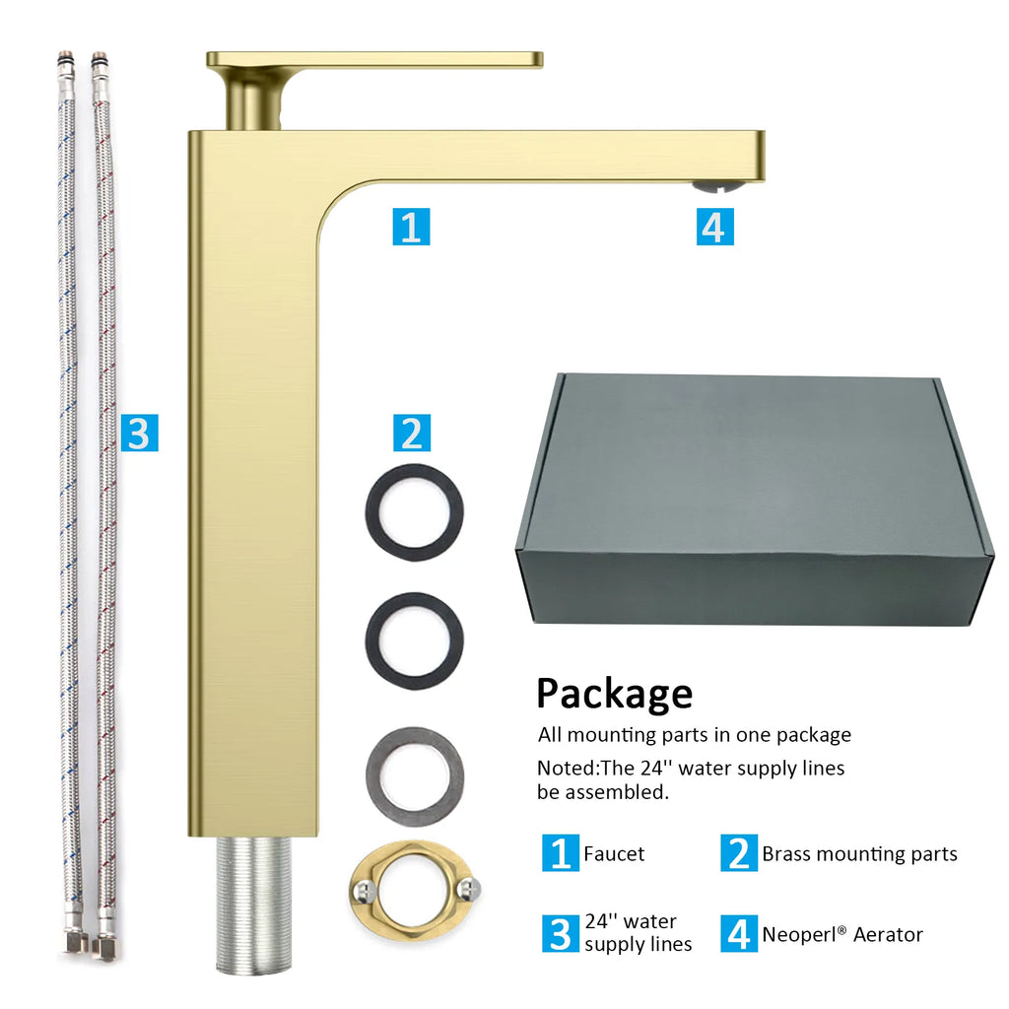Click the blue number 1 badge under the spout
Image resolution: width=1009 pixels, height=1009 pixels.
click(x=411, y=227)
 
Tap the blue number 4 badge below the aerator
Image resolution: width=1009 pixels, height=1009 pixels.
click(x=715, y=227)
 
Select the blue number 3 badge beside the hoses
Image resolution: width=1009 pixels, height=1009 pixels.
click(x=140, y=433)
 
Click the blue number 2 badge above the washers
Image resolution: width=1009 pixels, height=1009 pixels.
click(x=412, y=433)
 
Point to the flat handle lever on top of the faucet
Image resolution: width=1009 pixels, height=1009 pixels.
click(x=374, y=60)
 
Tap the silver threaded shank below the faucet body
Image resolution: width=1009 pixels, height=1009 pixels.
click(x=253, y=905)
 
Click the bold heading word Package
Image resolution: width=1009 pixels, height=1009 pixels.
click(x=615, y=695)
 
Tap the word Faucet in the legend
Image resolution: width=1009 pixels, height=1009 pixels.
click(x=614, y=854)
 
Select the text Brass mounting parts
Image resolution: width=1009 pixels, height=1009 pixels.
click(x=859, y=854)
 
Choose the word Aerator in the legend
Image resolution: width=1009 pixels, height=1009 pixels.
click(x=888, y=934)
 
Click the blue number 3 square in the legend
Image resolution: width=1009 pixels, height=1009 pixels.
click(x=561, y=934)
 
